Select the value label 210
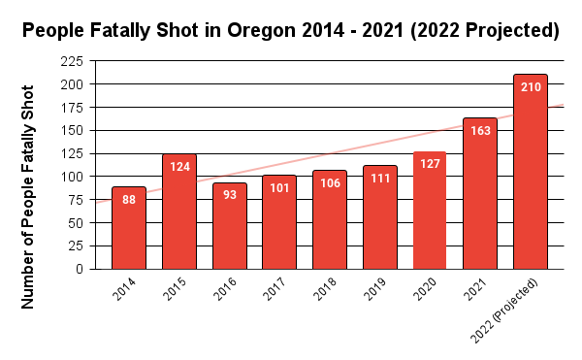531,87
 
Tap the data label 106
330,184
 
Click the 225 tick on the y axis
71,61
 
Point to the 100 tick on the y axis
71,177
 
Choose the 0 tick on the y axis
79,269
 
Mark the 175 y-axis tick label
71,108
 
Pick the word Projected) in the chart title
505,31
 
